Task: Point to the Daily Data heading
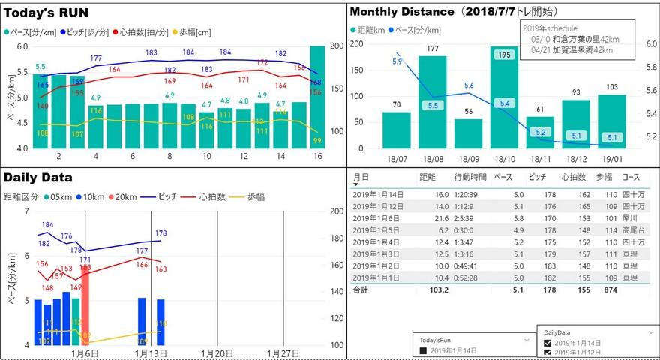38,178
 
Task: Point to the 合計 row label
361,289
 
